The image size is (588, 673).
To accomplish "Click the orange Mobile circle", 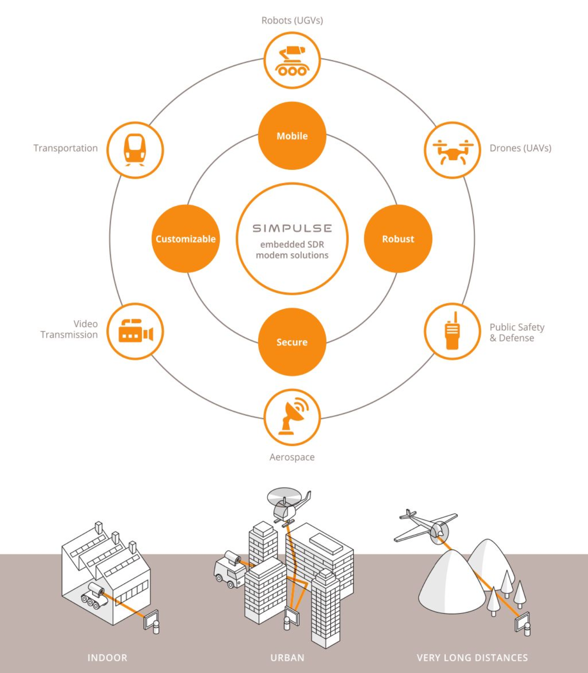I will tap(292, 136).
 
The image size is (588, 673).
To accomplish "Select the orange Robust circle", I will tap(398, 239).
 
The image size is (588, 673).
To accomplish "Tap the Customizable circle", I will tap(186, 239).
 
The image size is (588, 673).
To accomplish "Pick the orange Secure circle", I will tap(292, 342).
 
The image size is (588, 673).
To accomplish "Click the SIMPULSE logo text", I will tap(292, 228).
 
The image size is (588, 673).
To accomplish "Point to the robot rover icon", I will tap(292, 61).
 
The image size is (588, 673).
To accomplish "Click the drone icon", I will tap(452, 150).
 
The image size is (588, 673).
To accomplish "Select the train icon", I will tap(135, 150).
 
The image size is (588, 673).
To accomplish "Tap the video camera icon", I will tap(135, 331).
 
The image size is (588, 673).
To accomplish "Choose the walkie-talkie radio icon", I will tap(452, 331).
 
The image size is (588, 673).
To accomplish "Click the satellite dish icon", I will tap(292, 417).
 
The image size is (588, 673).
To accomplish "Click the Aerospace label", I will tap(292, 457).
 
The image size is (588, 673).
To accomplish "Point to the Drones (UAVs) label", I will tap(520, 148).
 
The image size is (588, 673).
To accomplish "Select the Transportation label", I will tap(65, 148).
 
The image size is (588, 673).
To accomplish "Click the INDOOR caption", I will tap(107, 658).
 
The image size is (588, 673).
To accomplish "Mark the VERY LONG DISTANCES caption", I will tap(472, 658).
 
